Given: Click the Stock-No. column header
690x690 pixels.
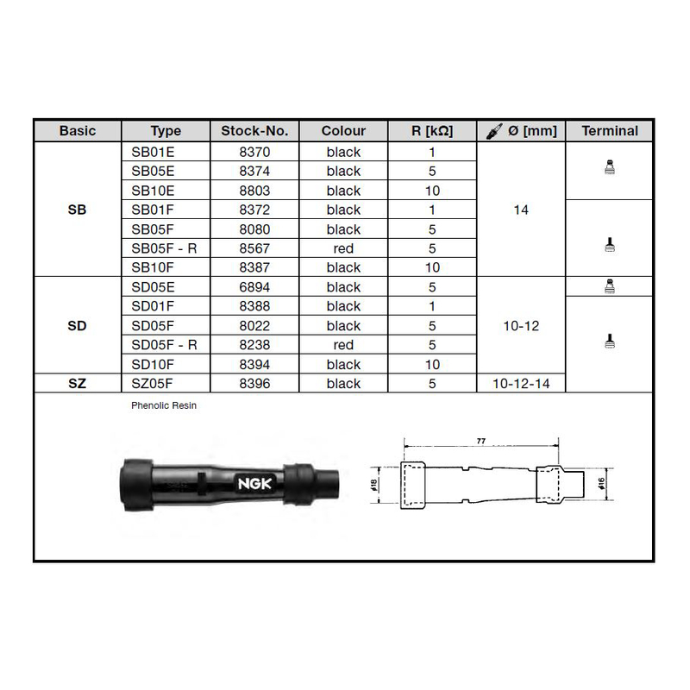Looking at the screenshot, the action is pos(254,131).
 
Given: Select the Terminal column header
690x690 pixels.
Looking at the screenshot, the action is pos(610,131).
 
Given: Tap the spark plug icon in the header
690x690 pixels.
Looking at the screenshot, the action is pos(494,131).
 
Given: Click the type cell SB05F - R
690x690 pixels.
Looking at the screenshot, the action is pos(164,248).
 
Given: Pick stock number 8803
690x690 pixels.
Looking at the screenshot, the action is pos(254,191).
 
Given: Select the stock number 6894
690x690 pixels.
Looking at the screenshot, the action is pos(254,287).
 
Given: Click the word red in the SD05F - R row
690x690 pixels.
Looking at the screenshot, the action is pos(343,345).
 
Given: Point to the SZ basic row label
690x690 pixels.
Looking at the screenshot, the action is pos(77,384).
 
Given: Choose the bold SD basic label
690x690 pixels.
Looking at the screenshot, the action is pos(77,326).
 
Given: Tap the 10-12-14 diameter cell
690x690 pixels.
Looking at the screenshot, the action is pos(521,384).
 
